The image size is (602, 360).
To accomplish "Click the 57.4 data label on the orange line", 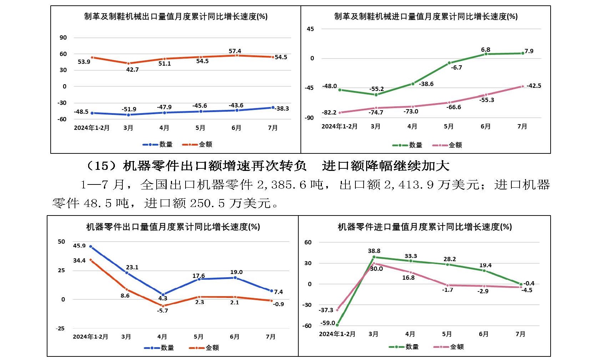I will (235, 51).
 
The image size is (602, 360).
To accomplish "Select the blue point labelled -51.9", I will (128, 115).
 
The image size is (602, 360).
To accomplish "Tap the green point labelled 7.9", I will (523, 53).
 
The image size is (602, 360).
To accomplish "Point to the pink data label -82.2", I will (329, 112).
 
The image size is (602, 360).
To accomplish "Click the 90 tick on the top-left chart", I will (63, 37).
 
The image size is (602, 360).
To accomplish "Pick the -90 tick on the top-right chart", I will (309, 118).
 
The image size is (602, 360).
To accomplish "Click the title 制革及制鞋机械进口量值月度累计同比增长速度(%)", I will (426, 16).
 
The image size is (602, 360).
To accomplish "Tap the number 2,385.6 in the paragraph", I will (290, 184).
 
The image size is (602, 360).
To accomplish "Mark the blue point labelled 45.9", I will (91, 247).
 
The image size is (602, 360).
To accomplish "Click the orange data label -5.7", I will (162, 311).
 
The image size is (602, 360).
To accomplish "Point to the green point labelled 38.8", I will (374, 257).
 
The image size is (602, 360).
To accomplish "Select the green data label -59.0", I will (328, 323).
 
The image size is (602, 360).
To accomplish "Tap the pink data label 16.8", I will (408, 278).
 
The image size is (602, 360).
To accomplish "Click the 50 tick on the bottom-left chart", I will (61, 242).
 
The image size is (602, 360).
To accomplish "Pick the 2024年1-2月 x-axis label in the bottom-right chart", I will (337, 334).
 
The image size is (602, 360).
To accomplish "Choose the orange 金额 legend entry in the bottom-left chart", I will (204, 348).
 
